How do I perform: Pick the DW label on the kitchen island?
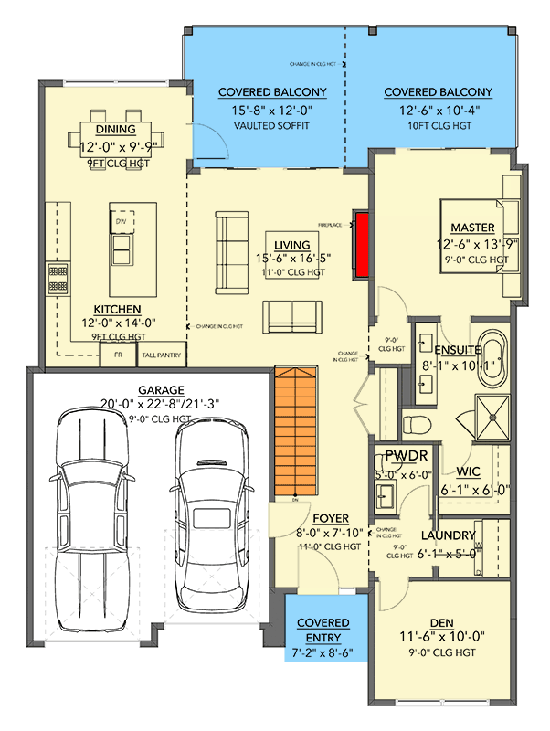[x=121, y=221]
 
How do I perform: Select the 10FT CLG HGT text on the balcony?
[x=438, y=125]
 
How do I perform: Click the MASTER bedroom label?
[x=472, y=228]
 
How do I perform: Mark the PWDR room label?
[x=400, y=454]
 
